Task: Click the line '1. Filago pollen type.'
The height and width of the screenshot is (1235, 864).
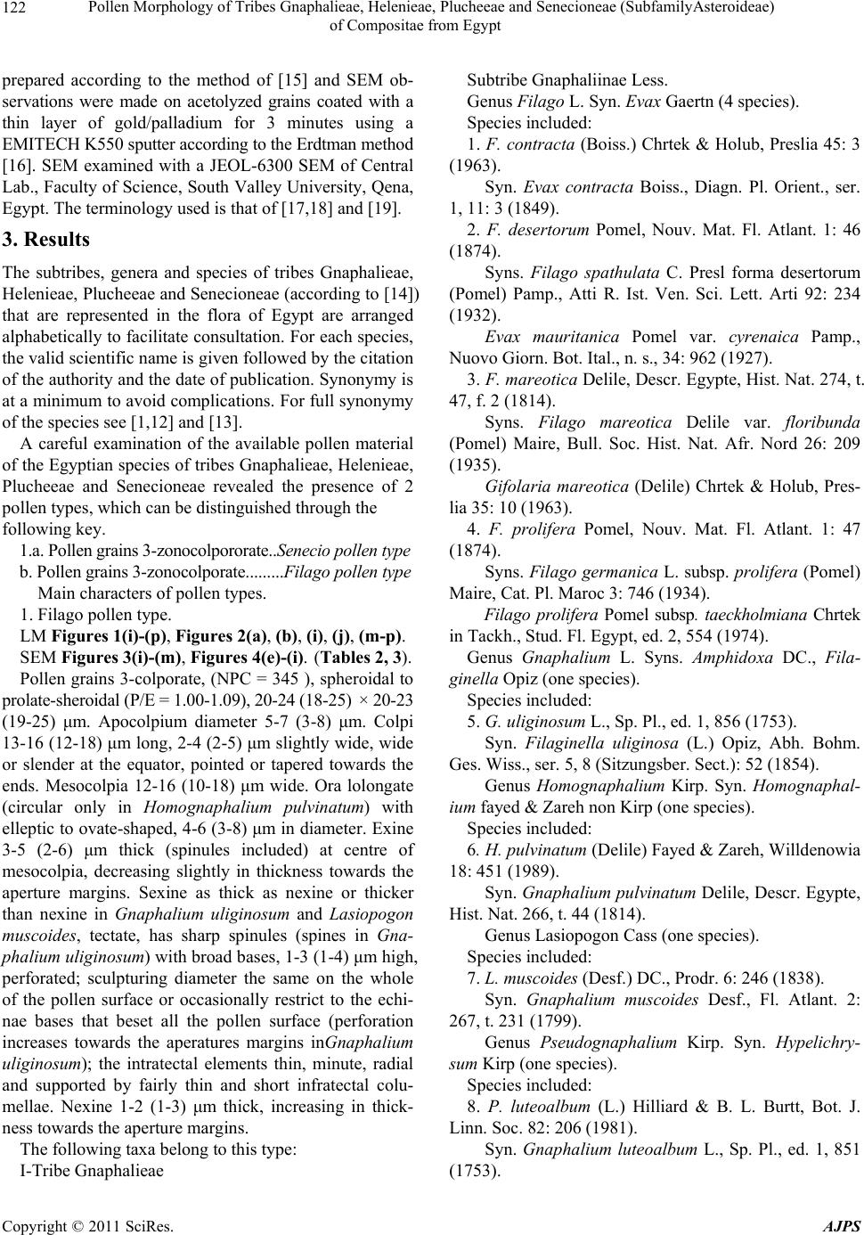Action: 96,614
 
